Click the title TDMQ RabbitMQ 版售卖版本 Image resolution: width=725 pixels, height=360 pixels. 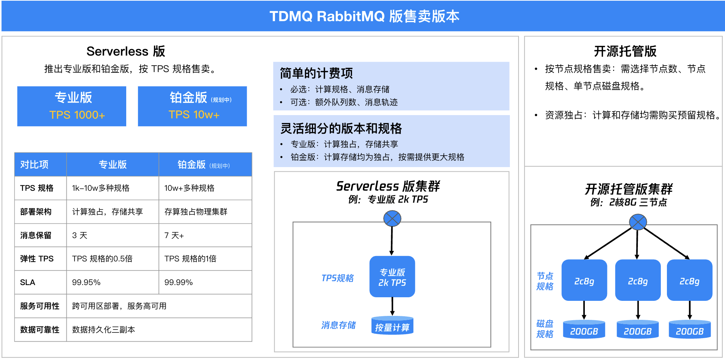(x=364, y=16)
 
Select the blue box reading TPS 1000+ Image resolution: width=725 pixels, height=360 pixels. (x=72, y=106)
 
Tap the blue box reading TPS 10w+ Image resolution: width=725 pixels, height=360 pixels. (x=192, y=106)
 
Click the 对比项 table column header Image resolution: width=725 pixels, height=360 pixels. (x=34, y=165)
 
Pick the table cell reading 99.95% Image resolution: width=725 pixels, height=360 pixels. (x=86, y=283)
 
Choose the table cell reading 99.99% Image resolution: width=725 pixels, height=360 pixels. (x=179, y=283)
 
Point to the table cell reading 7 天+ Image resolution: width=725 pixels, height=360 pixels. (x=174, y=236)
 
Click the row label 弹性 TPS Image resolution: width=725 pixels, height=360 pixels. (x=37, y=259)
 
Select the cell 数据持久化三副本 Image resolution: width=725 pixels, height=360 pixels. (x=104, y=330)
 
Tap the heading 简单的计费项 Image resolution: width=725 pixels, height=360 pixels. (x=316, y=73)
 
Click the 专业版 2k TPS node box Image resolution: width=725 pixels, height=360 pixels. (x=392, y=277)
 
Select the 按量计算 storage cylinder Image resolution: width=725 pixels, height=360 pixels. (x=392, y=326)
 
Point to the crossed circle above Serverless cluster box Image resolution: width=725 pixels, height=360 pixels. (x=392, y=218)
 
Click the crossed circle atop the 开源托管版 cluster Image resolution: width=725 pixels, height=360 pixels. (x=638, y=222)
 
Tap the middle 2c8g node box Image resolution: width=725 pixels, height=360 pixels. (x=638, y=280)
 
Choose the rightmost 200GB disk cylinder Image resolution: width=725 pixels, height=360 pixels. (x=690, y=330)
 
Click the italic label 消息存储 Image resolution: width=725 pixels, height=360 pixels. (x=338, y=325)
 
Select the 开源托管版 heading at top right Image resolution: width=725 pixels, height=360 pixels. (x=625, y=51)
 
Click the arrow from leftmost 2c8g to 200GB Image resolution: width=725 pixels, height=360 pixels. (x=584, y=310)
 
